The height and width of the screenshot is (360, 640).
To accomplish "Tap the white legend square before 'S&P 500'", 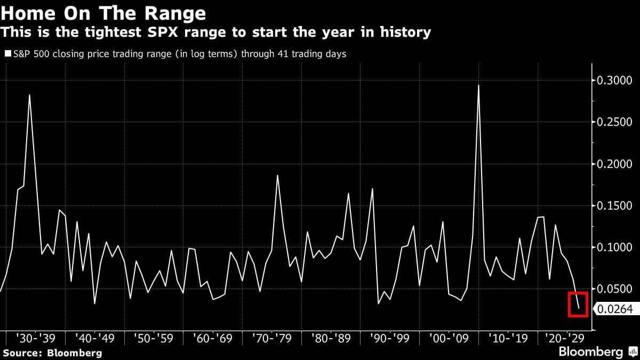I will [7, 54].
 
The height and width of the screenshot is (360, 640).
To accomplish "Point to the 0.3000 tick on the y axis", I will [614, 81].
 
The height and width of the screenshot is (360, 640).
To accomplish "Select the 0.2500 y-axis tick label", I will [614, 122].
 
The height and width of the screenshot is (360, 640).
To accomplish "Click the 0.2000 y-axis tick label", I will [614, 164].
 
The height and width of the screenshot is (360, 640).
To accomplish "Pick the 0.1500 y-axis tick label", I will [614, 206].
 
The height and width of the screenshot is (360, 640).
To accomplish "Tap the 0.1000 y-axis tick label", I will [614, 247].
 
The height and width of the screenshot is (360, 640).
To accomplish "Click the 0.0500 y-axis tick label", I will [614, 289].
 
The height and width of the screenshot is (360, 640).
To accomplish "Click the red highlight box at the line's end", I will [576, 304].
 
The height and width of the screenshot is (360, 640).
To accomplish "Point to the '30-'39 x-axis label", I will [36, 338].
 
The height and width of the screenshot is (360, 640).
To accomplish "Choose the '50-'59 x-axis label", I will [154, 338].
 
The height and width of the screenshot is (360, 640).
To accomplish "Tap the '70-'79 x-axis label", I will [271, 338].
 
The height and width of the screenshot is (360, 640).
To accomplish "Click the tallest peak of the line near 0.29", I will [478, 85].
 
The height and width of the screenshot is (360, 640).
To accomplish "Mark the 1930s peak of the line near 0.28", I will [29, 95].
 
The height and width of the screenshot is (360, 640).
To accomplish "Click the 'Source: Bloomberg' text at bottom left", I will [52, 353].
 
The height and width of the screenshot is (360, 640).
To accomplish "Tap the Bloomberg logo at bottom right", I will [597, 352].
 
